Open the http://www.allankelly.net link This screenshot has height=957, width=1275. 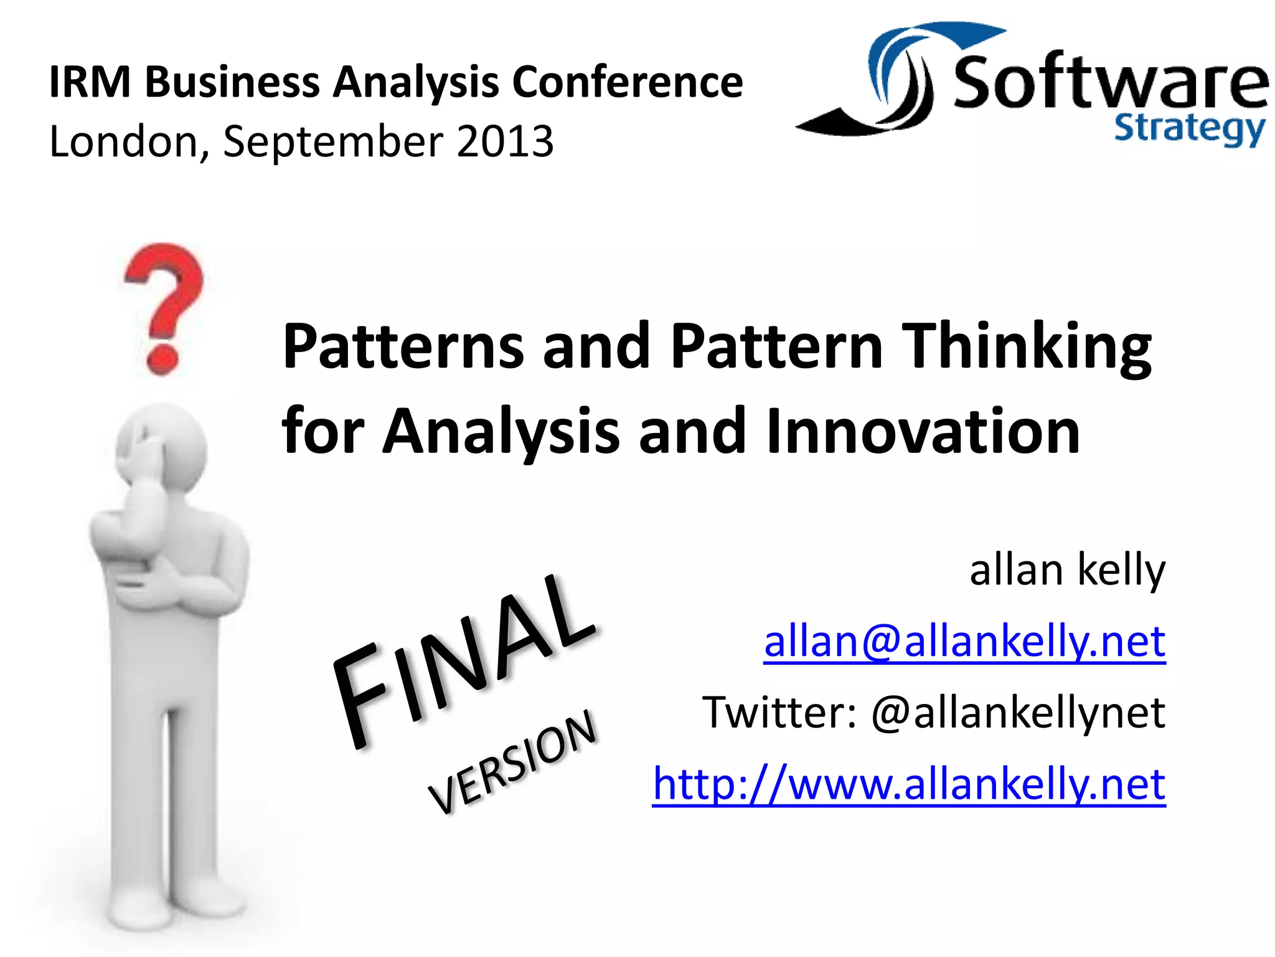pos(909,783)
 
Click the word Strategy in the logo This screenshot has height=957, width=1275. pos(1189,130)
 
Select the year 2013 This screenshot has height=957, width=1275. pos(505,141)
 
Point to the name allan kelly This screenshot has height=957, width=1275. pos(1067,570)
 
